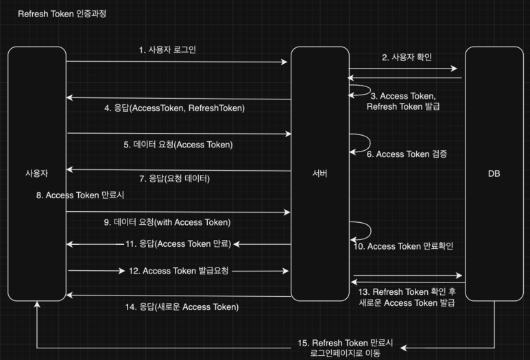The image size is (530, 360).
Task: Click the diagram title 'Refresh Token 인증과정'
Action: [62, 14]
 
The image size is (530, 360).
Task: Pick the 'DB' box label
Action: [494, 173]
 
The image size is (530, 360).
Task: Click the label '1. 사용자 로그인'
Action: [167, 50]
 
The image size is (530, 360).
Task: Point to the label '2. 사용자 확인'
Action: [407, 57]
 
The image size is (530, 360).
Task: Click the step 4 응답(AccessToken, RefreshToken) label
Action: [174, 108]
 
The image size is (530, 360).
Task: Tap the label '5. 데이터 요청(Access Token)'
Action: [178, 145]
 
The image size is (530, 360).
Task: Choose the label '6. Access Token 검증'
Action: [407, 154]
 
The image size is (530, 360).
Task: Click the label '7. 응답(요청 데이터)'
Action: [174, 179]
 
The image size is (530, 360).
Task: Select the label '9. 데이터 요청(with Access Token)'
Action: [177, 222]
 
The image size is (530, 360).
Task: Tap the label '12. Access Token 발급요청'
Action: [178, 271]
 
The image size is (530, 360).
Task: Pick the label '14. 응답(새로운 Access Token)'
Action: [182, 307]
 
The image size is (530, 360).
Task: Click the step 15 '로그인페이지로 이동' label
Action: [344, 353]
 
